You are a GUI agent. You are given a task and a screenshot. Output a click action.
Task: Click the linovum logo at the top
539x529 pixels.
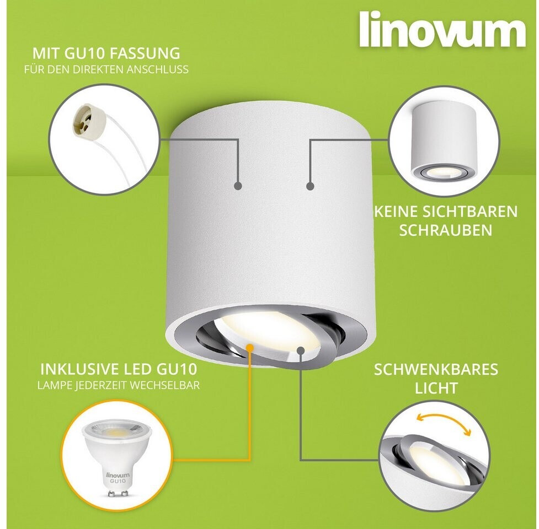[443, 29]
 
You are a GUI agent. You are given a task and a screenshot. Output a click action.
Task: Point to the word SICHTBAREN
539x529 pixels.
[470, 212]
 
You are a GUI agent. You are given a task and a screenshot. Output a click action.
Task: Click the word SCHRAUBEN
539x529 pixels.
[446, 230]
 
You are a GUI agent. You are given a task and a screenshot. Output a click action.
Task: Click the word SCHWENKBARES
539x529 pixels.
[436, 369]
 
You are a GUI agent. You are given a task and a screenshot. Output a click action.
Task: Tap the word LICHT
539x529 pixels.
[436, 388]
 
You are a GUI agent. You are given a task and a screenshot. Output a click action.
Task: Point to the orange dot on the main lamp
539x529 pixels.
[250, 348]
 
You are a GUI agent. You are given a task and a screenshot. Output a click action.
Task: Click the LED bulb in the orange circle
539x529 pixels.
[116, 457]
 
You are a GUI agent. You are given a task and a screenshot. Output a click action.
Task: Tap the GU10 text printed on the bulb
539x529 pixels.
[118, 481]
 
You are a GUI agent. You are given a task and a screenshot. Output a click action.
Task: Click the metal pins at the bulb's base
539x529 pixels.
[118, 493]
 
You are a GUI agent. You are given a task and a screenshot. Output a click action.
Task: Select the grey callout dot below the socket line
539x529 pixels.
[238, 186]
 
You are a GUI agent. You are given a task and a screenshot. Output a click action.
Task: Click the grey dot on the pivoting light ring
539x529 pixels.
[301, 350]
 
